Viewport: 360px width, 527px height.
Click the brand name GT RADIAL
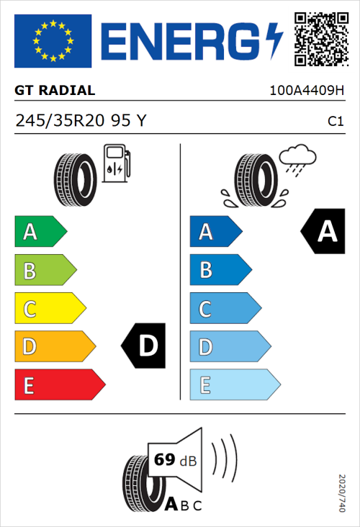tap(55, 91)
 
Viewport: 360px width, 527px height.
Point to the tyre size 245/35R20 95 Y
tap(81, 121)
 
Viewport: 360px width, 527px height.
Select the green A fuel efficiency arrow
tap(40, 232)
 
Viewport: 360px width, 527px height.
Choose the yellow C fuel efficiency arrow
tap(50, 309)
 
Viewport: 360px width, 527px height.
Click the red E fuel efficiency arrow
tap(59, 385)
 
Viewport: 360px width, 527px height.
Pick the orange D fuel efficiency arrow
tap(54, 347)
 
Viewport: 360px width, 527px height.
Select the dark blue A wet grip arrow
tap(215, 232)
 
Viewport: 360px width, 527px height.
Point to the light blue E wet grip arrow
tap(234, 385)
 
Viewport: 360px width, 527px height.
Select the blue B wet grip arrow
tap(219, 270)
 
